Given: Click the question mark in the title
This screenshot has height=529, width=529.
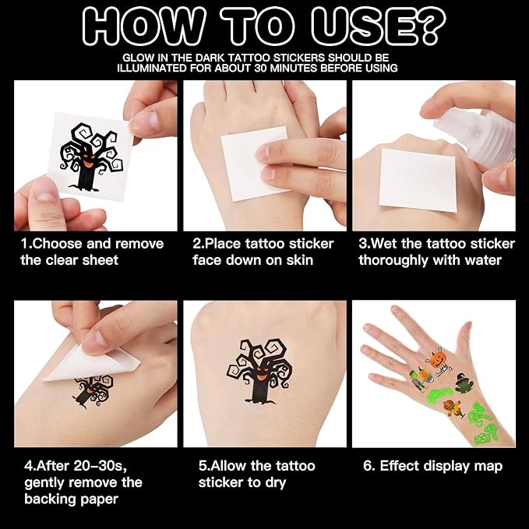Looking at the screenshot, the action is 428,26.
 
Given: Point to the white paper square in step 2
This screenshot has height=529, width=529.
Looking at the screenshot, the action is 255,164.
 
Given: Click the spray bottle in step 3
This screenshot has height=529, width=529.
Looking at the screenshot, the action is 479,135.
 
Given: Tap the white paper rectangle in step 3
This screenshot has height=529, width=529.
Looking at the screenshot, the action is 418,181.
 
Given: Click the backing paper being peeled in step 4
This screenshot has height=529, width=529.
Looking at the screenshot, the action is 92,364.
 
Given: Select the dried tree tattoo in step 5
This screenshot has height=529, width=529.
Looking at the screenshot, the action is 259,371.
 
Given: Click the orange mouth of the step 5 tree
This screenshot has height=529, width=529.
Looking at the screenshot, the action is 262,373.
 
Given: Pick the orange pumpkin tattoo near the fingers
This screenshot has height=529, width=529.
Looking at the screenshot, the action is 438,358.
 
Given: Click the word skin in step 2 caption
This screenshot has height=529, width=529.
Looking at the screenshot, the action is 300,260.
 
